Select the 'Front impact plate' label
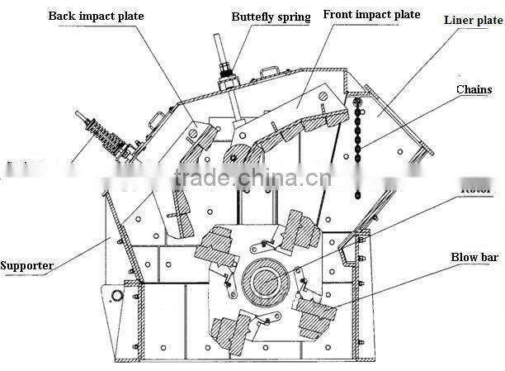click(x=371, y=15)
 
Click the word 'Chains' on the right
click(x=474, y=89)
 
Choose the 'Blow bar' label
click(x=474, y=258)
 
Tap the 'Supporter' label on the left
click(x=27, y=265)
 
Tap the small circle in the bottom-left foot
click(x=116, y=295)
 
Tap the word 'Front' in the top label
click(x=339, y=15)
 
